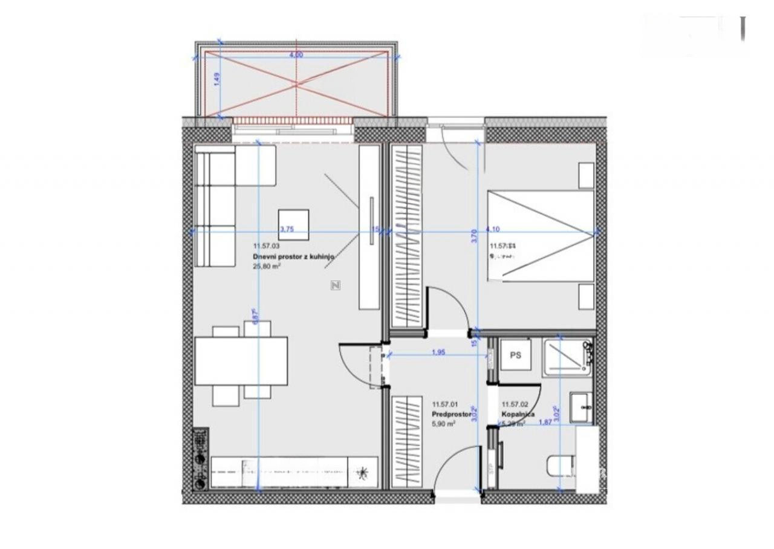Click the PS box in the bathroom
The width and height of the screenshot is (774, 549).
(x=515, y=356)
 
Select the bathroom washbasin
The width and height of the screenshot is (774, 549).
(x=582, y=408)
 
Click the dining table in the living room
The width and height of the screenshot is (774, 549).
(x=241, y=361)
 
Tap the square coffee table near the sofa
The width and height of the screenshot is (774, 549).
(x=293, y=224)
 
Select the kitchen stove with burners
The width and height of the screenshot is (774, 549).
(x=200, y=459)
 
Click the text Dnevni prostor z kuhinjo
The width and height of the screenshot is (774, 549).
(x=293, y=256)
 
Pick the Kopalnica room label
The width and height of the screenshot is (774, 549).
(x=518, y=415)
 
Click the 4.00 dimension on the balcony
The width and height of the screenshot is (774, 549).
(x=296, y=55)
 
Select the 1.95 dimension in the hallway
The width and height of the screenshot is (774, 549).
(x=439, y=352)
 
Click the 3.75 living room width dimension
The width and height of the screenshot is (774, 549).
(x=287, y=229)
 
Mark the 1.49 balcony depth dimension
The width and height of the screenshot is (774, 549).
(x=216, y=79)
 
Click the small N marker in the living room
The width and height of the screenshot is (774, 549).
(x=336, y=285)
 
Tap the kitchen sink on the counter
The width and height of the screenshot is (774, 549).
(x=363, y=471)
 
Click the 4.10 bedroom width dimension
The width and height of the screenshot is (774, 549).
(x=493, y=229)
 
